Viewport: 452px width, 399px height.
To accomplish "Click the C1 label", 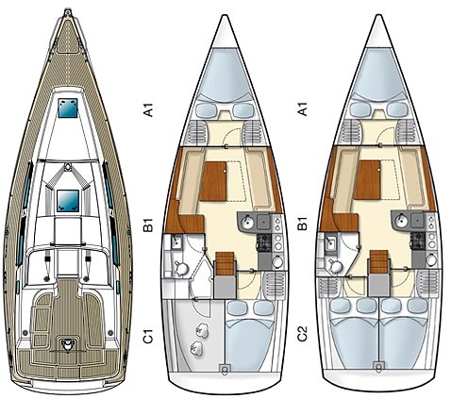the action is click(147, 336).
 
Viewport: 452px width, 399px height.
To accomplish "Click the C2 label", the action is click(302, 333).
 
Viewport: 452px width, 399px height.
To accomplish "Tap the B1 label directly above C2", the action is click(302, 223).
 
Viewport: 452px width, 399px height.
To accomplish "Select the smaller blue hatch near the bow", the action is click(68, 108).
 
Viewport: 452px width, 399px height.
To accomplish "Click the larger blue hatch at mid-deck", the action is click(68, 201).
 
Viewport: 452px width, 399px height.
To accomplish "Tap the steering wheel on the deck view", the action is click(66, 345).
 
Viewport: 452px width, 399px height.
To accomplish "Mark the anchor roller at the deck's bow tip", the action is click(67, 12).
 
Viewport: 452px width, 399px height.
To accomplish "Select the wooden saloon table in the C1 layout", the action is click(213, 181).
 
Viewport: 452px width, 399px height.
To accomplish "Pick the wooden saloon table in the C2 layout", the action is click(367, 180).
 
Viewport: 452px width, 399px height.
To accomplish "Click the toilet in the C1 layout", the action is click(181, 268).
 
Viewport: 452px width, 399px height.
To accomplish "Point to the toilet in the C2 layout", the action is click(334, 266).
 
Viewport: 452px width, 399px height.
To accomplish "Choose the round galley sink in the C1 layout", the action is click(247, 222).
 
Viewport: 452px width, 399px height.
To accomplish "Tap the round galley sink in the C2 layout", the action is click(401, 220).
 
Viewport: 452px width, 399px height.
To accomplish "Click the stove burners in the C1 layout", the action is click(264, 242).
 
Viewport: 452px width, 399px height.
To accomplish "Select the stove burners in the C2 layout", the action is click(418, 241).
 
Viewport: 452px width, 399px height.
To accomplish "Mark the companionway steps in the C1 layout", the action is click(225, 263).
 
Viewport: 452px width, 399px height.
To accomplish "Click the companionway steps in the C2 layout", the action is click(379, 261).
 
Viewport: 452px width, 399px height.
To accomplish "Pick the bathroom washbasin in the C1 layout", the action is click(176, 242).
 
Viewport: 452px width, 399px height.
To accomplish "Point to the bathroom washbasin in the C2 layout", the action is click(330, 243).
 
